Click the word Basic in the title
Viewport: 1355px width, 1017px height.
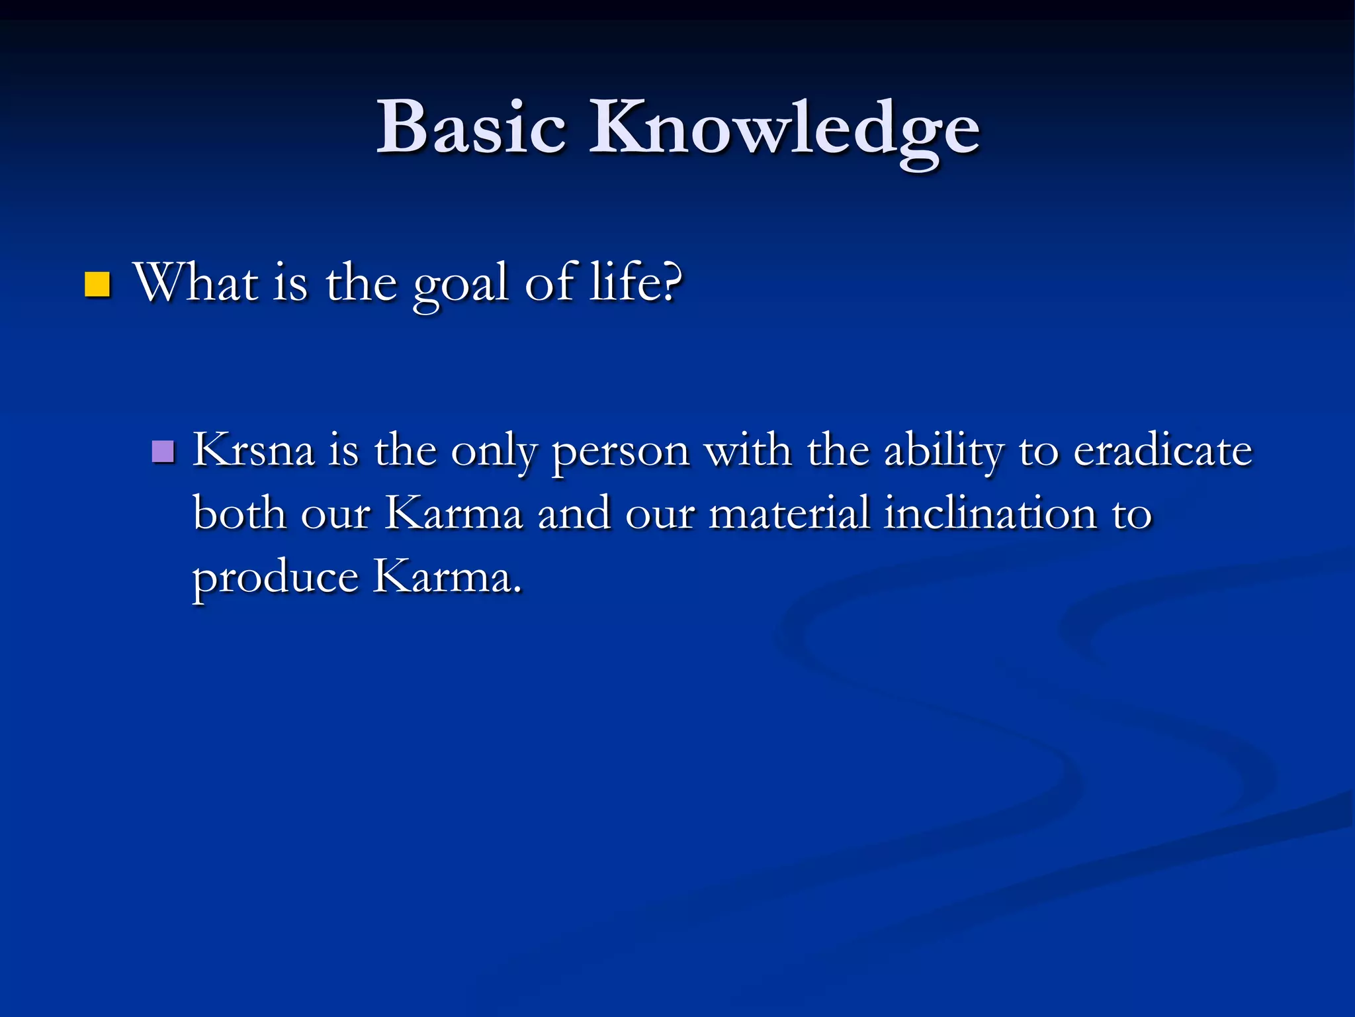click(471, 127)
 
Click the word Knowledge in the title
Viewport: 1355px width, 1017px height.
click(784, 129)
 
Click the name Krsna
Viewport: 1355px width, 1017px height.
click(253, 450)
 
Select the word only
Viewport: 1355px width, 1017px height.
click(494, 453)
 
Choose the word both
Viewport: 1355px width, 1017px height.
click(239, 513)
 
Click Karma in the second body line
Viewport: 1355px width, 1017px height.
click(454, 513)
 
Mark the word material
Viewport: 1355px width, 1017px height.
click(789, 513)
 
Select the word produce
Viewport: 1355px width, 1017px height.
click(275, 578)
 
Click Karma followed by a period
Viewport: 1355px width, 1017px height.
click(447, 577)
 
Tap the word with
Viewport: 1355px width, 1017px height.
click(748, 450)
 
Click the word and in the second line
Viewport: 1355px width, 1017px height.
click(574, 513)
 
